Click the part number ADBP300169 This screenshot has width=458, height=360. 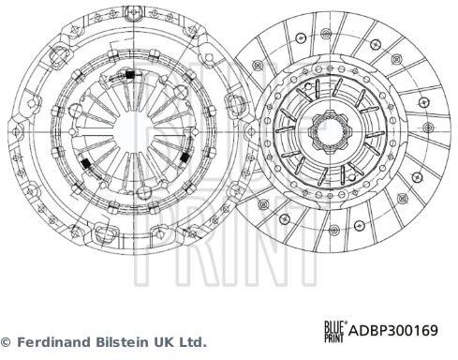point(392,330)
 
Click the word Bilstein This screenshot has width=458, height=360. point(122,342)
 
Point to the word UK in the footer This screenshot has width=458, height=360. point(162,342)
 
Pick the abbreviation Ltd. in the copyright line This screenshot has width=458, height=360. point(191,342)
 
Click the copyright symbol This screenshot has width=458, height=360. point(6,342)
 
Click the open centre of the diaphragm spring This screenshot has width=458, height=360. point(134,131)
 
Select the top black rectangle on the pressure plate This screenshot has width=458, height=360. point(129,75)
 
